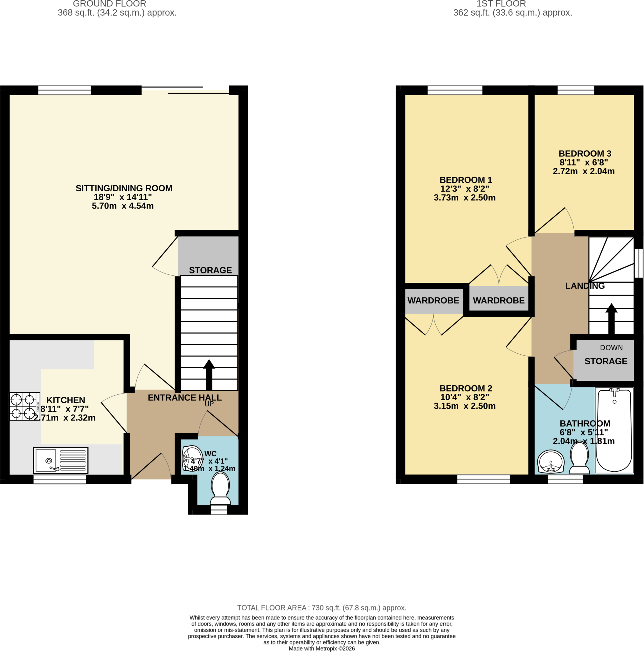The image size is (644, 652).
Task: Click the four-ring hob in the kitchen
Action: [x=24, y=406]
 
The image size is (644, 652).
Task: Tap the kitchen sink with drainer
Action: [x=61, y=460]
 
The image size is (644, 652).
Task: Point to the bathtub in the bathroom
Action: [x=614, y=430]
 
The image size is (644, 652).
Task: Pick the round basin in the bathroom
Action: [x=551, y=462]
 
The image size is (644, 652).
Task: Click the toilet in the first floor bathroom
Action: [x=579, y=458]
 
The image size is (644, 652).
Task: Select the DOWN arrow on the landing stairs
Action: [x=611, y=319]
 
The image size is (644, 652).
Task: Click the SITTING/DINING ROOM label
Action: [x=124, y=188]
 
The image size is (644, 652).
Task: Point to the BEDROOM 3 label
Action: [x=585, y=153]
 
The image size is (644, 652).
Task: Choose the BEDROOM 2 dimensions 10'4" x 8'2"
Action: [x=465, y=397]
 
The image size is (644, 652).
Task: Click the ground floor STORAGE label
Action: [x=211, y=270]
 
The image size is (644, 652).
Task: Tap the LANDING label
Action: [x=585, y=286]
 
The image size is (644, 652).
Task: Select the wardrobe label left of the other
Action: [x=433, y=300]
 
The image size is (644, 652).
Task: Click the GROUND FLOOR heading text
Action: [x=110, y=4]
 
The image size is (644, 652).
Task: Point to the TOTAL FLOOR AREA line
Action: [x=322, y=608]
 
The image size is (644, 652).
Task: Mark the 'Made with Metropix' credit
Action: [x=322, y=648]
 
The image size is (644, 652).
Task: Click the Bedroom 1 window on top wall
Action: [x=455, y=90]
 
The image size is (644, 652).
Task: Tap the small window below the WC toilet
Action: [x=219, y=510]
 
